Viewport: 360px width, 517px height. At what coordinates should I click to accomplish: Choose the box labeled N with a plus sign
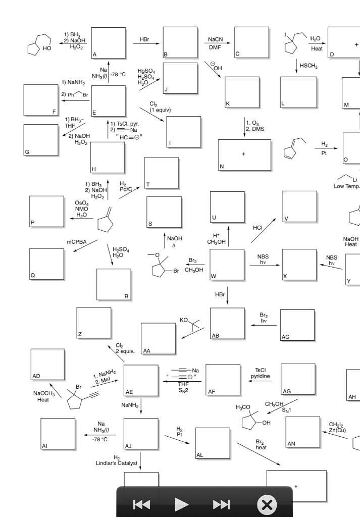pos(244,154)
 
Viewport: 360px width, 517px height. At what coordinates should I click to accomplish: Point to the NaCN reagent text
pos(216,39)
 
